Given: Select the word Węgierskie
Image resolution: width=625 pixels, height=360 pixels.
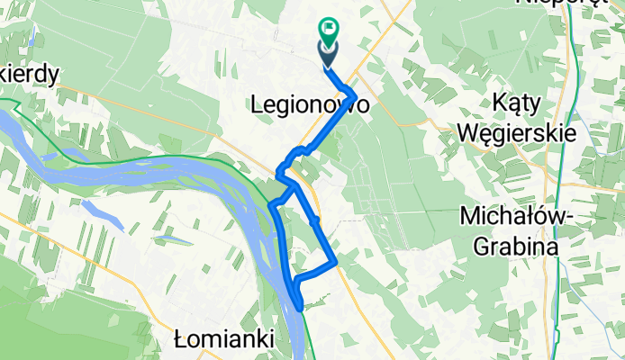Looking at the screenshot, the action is (x=516, y=131).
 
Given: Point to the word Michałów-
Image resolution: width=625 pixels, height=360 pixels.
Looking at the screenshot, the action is (x=509, y=217).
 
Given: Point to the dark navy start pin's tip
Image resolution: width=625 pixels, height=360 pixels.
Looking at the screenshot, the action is (x=326, y=66).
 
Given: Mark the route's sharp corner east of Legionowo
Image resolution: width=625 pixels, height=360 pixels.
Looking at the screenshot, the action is (x=357, y=95).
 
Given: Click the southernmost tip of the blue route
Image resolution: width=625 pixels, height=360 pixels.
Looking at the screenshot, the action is (x=300, y=310).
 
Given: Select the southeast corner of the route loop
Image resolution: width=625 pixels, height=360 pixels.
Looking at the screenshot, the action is (x=336, y=263).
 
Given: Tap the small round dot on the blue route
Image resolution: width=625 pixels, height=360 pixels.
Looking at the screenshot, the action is (x=314, y=220).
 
